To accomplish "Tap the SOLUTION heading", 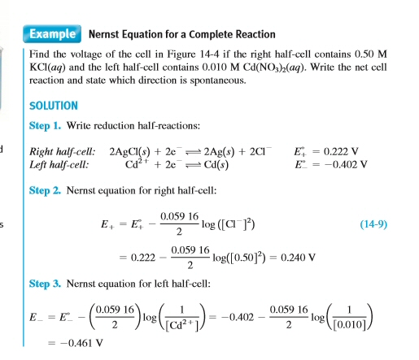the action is (x=54, y=106).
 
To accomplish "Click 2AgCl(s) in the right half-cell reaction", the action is (x=138, y=152).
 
